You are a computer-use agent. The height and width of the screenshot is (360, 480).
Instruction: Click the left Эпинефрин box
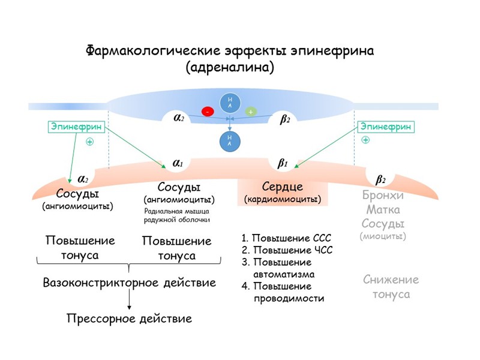coord(76,127)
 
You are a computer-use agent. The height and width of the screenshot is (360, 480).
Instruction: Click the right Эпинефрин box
coord(386,127)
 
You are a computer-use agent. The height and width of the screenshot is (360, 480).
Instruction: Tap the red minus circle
coord(208,112)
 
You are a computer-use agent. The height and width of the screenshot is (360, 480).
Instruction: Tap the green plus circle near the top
coord(251,112)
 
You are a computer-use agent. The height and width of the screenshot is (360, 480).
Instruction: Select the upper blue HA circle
coord(229,103)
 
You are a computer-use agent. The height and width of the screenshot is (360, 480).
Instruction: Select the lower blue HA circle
coord(229,141)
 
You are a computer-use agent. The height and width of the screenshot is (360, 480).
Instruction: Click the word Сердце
coord(283,186)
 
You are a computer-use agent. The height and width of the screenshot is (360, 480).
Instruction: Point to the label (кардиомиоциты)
coord(283,199)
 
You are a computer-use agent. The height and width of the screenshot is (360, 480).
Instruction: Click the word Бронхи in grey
coord(383,196)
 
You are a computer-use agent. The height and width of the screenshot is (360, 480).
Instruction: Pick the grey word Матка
coord(383,210)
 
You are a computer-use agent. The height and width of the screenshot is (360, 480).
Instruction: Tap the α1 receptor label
coord(178,163)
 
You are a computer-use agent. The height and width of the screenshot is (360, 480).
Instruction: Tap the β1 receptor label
coord(283,163)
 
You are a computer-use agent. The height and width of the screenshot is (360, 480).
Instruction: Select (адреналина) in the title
coord(230,67)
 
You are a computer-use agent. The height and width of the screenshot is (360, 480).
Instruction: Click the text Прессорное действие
coord(129,319)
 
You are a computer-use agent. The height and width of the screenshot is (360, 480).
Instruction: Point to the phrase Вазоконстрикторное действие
coord(129,282)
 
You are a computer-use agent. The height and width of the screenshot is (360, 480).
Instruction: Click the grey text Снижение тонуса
coord(391,287)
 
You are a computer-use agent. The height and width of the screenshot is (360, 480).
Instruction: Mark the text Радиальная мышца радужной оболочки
coord(177,215)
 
